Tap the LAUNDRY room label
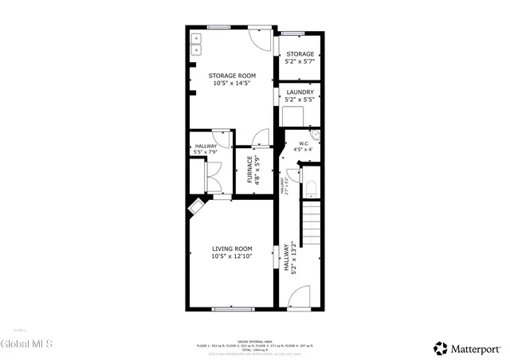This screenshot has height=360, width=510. click(300, 92)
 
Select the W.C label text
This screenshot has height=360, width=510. click(302, 143)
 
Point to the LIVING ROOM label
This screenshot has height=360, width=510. click(231, 249)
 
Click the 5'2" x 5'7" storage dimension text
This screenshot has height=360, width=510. click(300, 61)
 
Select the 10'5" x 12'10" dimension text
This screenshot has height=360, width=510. click(231, 257)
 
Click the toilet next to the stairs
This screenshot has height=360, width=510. click(311, 189)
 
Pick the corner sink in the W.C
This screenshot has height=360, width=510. click(315, 135)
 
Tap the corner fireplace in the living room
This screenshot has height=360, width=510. click(196, 208)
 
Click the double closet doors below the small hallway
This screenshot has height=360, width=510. click(214, 177)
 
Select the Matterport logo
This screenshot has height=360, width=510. click(468, 347)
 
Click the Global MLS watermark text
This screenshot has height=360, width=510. click(27, 344)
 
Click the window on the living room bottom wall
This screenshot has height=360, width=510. click(231, 307)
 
